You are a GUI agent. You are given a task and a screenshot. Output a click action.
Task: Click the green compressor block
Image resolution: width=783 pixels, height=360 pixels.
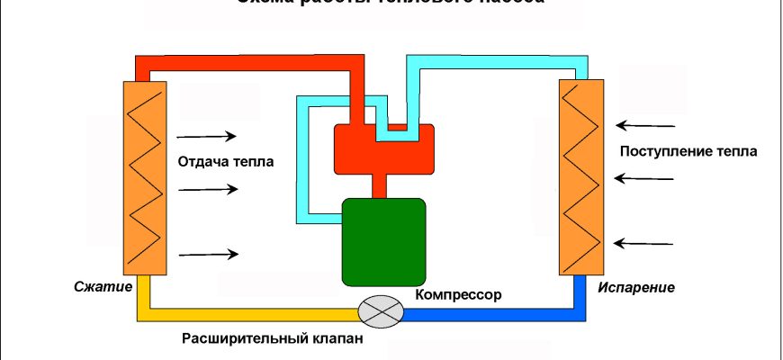pyautogui.click(x=383, y=241)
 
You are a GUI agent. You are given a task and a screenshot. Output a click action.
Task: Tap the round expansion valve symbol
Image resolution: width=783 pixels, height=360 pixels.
pyautogui.click(x=379, y=311)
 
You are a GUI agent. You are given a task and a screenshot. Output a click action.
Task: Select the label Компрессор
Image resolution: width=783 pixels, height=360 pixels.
pyautogui.click(x=458, y=294)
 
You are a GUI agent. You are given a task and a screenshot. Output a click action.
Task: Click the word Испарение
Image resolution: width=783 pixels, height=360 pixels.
pyautogui.click(x=635, y=288)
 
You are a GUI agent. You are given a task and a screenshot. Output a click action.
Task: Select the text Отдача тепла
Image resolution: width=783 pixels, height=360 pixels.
pyautogui.click(x=226, y=162)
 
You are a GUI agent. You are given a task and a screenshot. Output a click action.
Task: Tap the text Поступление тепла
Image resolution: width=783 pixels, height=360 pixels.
pyautogui.click(x=688, y=150)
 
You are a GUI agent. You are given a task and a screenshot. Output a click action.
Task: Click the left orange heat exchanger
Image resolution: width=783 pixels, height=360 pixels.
pyautogui.click(x=143, y=177)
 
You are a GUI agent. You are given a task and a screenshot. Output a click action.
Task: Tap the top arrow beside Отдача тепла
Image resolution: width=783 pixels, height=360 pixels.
pyautogui.click(x=207, y=137)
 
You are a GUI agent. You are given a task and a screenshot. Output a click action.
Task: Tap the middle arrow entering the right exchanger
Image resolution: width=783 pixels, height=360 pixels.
pyautogui.click(x=646, y=178)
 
